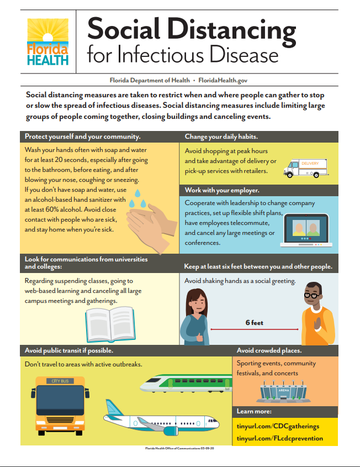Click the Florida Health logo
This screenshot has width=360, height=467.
pyautogui.click(x=47, y=42)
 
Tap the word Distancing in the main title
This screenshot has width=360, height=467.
pyautogui.click(x=231, y=30)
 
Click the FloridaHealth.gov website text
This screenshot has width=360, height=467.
pyautogui.click(x=223, y=80)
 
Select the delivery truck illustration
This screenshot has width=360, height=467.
pyautogui.click(x=306, y=168)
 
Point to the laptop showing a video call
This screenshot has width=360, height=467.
pyautogui.click(x=306, y=230)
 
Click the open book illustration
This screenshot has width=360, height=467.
pyautogui.click(x=110, y=324)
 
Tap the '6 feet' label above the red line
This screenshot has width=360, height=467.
pyautogui.click(x=255, y=323)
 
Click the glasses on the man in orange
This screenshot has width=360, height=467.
pyautogui.click(x=313, y=296)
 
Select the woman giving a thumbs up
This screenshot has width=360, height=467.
pyautogui.click(x=195, y=317)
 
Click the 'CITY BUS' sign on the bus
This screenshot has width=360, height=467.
pyautogui.click(x=60, y=381)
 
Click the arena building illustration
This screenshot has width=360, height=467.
pyautogui.click(x=284, y=392)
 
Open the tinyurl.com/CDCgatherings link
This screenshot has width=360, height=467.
pyautogui.click(x=278, y=426)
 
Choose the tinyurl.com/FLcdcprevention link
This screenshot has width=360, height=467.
pyautogui.click(x=280, y=438)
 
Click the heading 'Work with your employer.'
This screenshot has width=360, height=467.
pyautogui.click(x=222, y=190)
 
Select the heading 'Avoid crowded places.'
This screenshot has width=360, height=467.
pyautogui.click(x=269, y=350)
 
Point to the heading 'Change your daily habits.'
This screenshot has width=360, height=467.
pyautogui.click(x=221, y=137)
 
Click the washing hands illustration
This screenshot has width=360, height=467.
pyautogui.click(x=152, y=222)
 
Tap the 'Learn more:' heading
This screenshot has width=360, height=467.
pyautogui.click(x=254, y=411)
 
